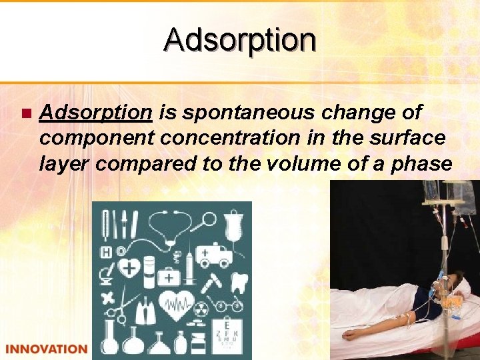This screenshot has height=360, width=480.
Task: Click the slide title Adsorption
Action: click(240, 39)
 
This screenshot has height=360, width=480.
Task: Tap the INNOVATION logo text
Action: click(46, 349)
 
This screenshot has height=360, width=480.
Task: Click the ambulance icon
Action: click(217, 254)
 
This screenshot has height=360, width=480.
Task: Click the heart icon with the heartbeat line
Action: click(176, 306)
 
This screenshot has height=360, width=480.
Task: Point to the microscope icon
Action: click(107, 277)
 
